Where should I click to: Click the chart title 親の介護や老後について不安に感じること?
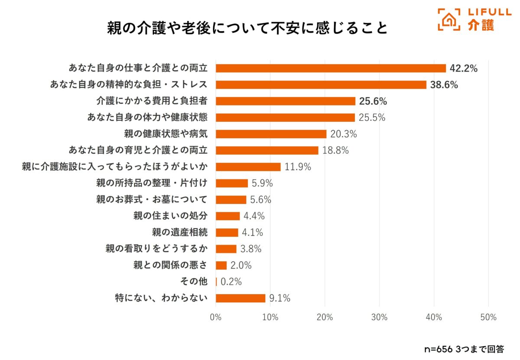[247, 28]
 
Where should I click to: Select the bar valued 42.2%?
[331, 68]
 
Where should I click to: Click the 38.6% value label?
[444, 85]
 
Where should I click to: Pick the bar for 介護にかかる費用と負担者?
[285, 101]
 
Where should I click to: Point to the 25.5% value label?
[371, 117]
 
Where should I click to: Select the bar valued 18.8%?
[267, 150]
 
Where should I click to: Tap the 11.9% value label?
[298, 167]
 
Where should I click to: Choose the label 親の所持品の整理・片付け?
[152, 183]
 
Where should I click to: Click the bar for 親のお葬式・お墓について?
[231, 200]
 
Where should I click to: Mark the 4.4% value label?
[254, 216]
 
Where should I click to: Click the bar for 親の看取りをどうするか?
[226, 249]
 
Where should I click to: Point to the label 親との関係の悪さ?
[170, 265]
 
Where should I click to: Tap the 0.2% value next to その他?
[231, 282]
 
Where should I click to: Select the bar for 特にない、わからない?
[240, 298]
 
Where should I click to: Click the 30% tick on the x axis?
[379, 317]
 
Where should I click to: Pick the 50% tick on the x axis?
[488, 317]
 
